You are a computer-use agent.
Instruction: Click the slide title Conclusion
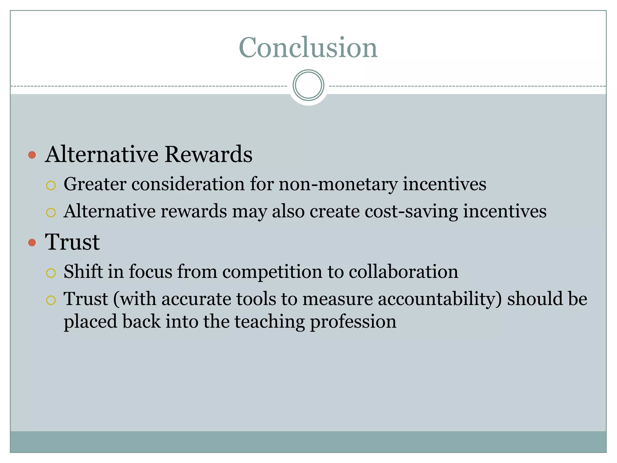click(308, 47)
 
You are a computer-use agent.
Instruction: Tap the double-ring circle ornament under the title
click(308, 85)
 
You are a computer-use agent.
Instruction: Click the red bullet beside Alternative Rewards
click(32, 155)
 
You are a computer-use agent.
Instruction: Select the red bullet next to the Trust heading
click(32, 242)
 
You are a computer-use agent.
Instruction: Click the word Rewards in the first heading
click(208, 154)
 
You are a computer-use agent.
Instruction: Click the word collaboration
click(403, 271)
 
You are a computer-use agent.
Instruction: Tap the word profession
click(353, 322)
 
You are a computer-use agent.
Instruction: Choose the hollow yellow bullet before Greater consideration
click(51, 185)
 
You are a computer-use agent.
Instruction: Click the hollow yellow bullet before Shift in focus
click(51, 273)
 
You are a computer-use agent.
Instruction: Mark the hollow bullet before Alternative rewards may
click(51, 213)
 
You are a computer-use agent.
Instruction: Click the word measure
click(337, 299)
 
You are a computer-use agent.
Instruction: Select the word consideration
click(188, 184)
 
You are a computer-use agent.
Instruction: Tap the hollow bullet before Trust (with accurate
click(51, 300)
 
